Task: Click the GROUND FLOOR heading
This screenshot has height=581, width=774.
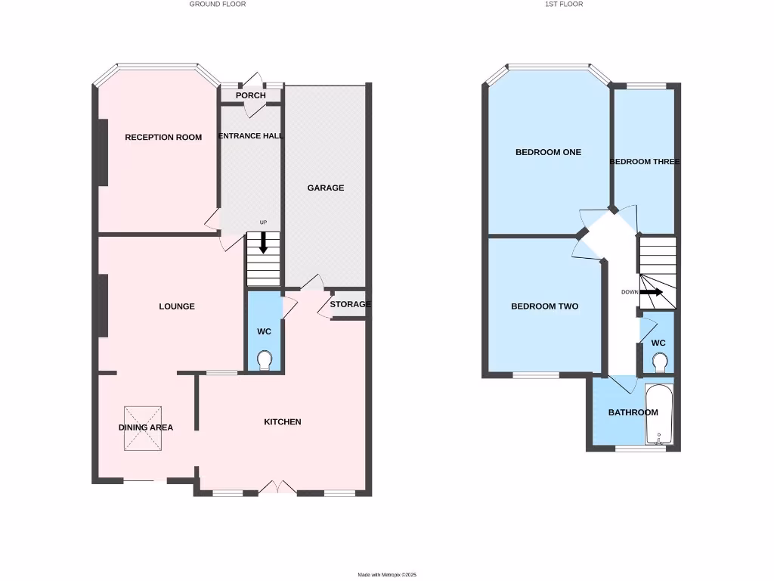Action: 217,4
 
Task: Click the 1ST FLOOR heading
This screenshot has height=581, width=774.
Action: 564,4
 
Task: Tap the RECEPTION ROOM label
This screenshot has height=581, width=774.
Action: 163,137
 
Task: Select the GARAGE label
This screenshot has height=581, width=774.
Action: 325,188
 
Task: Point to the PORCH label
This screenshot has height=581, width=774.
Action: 250,95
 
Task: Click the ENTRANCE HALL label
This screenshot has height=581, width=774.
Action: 250,136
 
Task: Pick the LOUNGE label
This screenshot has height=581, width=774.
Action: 177,306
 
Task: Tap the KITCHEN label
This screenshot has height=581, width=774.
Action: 283,421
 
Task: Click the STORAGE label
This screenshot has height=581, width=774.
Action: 350,304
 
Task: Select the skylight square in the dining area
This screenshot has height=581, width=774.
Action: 144,427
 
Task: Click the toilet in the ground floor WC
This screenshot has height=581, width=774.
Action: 265,360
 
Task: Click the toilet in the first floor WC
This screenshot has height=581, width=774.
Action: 658,365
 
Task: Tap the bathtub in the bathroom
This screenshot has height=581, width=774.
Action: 658,416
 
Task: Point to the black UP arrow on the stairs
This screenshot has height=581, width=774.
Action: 263,243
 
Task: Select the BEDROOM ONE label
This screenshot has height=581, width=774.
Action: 548,152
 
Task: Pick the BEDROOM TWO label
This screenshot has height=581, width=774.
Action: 544,306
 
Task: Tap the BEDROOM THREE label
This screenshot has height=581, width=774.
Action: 644,162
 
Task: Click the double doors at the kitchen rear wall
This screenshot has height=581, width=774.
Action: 277,488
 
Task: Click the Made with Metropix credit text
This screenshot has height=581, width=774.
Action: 387,575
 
